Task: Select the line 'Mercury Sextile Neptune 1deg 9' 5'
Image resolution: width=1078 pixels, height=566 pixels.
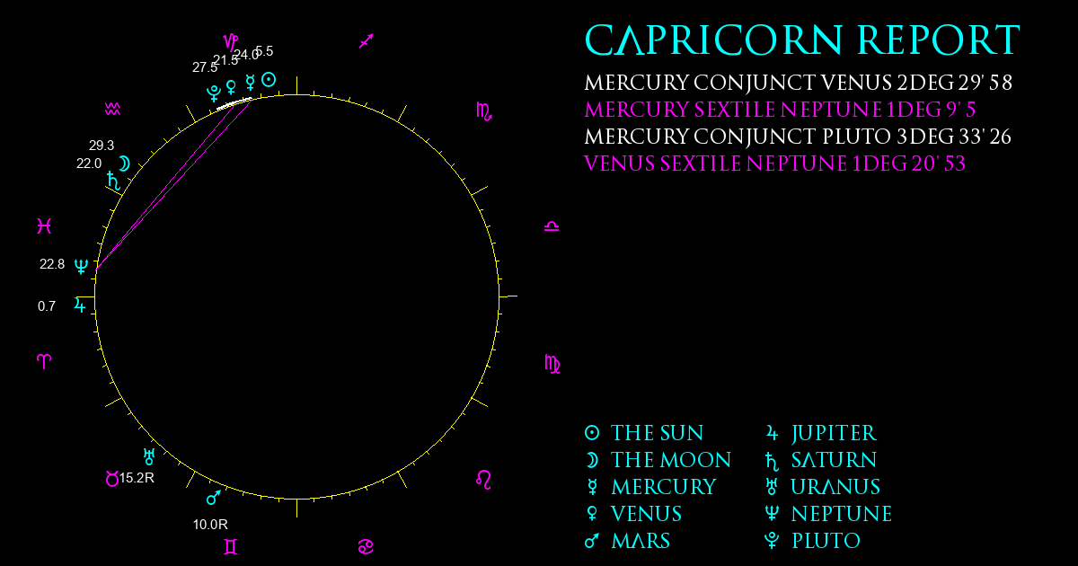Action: (780, 110)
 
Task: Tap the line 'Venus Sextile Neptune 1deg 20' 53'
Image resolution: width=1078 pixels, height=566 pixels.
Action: (774, 164)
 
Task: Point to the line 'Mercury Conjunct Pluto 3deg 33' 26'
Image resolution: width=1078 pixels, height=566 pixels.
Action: (798, 137)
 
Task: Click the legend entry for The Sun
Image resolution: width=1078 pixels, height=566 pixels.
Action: (644, 433)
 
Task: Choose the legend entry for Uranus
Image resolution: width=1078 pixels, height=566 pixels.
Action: (823, 487)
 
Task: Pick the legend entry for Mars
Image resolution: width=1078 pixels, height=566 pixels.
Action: (627, 541)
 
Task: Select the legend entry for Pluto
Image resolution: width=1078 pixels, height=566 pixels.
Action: (812, 541)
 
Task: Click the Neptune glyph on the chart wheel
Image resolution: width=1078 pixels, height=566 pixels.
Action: (81, 266)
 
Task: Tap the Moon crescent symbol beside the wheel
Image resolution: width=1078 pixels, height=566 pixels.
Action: (125, 164)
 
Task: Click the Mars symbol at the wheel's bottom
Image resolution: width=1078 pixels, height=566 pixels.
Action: (214, 498)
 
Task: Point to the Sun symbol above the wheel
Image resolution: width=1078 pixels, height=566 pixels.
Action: (269, 79)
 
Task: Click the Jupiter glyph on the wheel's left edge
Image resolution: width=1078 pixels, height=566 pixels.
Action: (80, 305)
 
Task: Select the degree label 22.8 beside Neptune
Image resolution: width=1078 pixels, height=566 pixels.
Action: (52, 264)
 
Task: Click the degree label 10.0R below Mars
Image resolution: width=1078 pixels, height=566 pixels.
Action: (210, 525)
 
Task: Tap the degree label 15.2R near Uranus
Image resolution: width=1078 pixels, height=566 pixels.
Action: (137, 478)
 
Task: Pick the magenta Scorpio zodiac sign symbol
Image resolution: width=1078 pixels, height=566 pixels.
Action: (484, 111)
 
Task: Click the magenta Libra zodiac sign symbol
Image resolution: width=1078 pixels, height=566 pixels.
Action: (552, 226)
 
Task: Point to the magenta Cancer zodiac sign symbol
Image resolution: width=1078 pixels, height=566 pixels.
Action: (366, 547)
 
